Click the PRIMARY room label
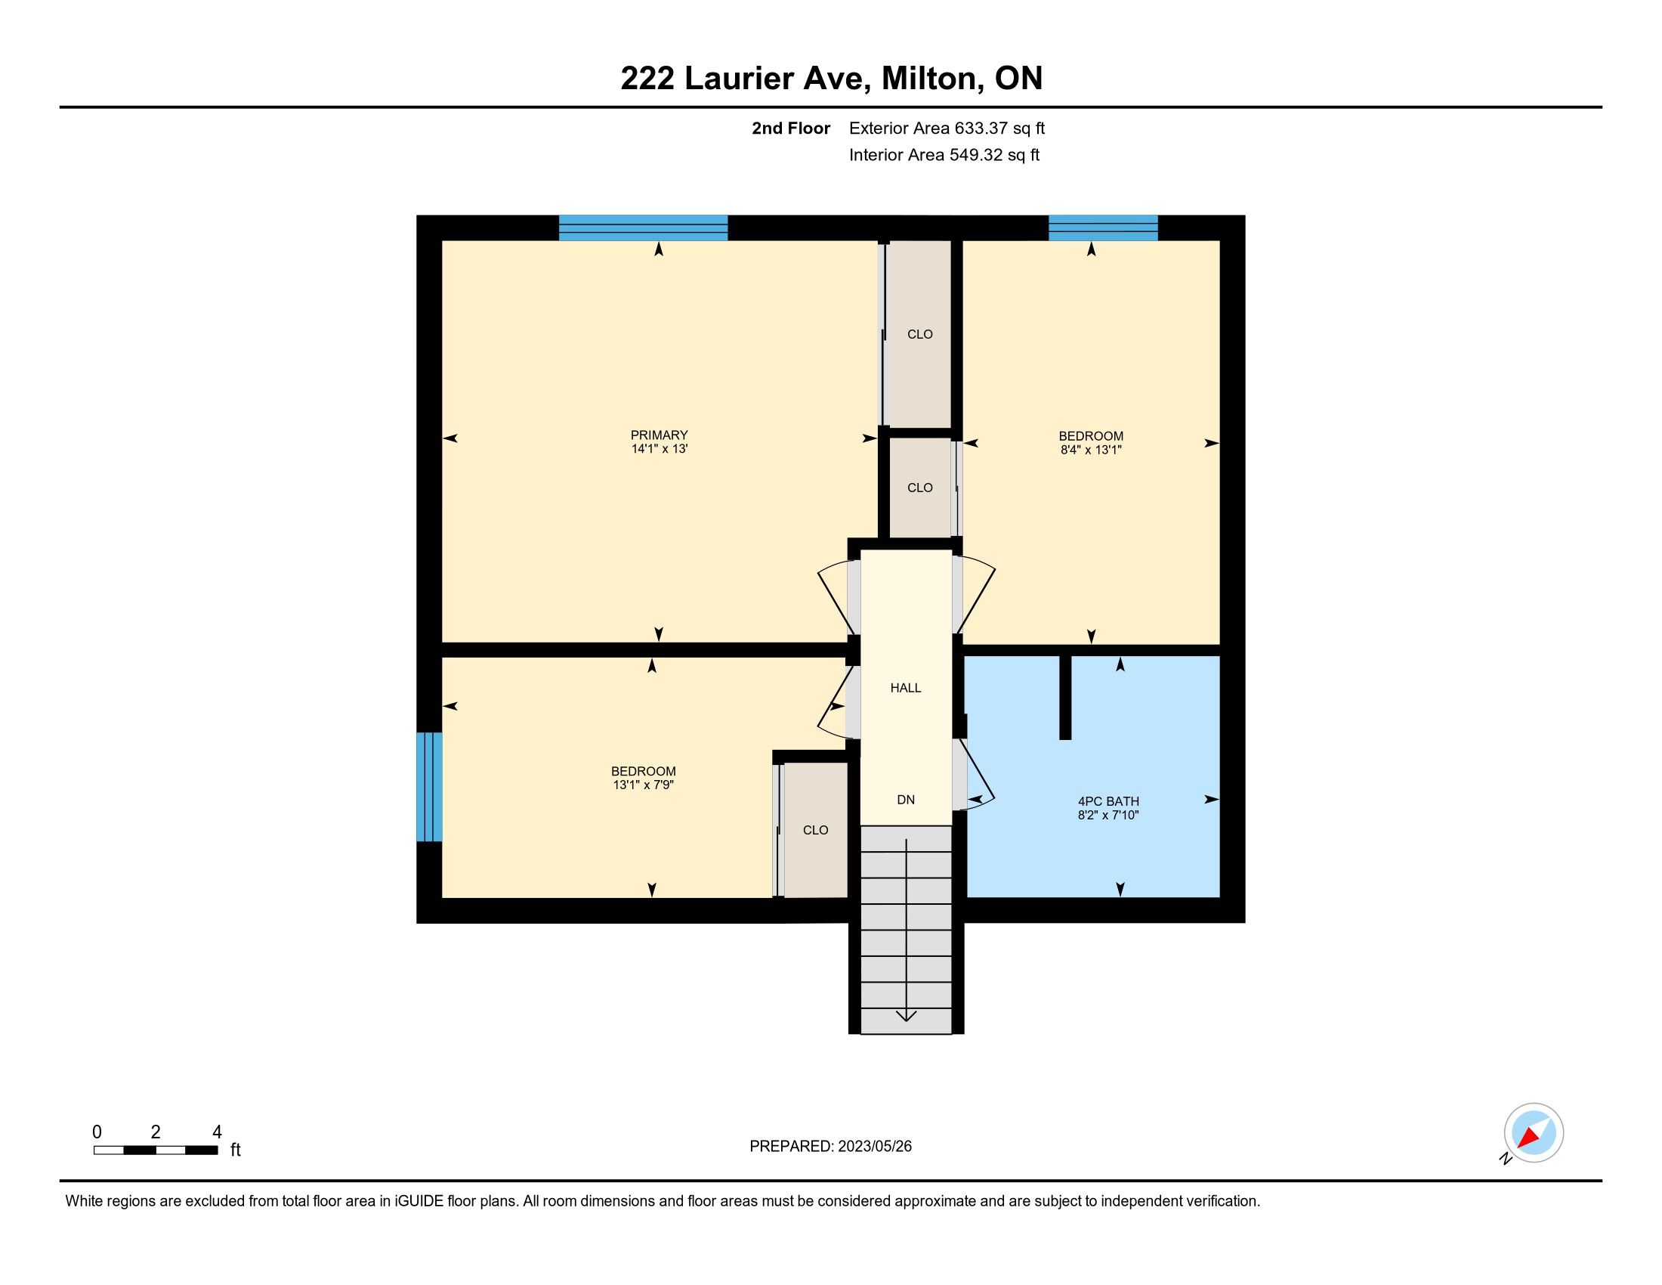[x=659, y=435]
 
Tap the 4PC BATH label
[x=1108, y=800]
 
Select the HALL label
[x=906, y=688]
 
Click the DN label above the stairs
[x=906, y=800]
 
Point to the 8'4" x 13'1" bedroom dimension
[x=1092, y=450]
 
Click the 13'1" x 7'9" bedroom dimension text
[x=644, y=785]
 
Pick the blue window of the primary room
[x=643, y=228]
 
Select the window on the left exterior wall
[x=429, y=787]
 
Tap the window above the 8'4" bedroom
[x=1104, y=228]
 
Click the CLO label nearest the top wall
[x=920, y=334]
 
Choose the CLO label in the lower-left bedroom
[x=815, y=831]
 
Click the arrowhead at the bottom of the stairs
[x=907, y=1016]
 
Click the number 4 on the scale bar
[x=217, y=1132]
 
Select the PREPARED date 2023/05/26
[x=874, y=1147]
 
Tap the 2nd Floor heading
[x=791, y=128]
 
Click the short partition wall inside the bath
[x=1065, y=698]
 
